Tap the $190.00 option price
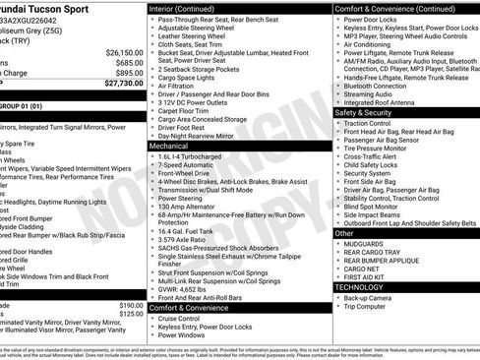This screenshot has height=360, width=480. [130, 305]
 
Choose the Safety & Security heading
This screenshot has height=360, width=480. [365, 112]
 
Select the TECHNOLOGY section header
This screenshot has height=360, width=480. [366, 286]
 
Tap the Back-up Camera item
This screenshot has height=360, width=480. [370, 297]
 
